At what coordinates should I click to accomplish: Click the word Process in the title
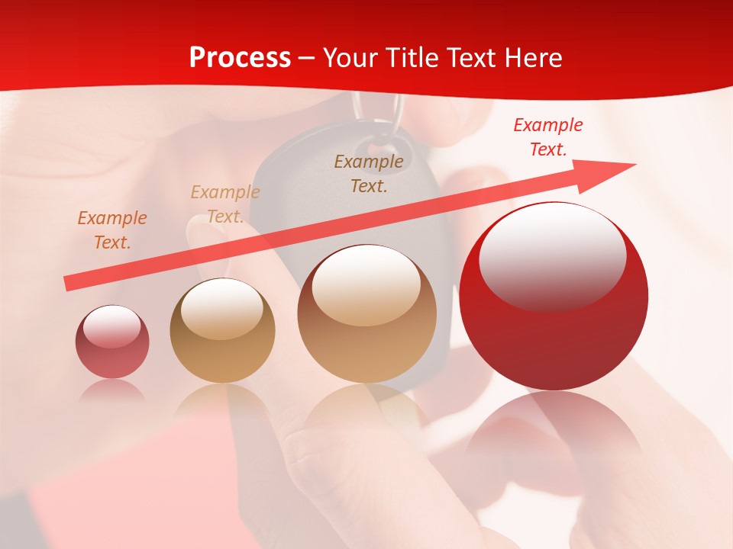pyautogui.click(x=240, y=58)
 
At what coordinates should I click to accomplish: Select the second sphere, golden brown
pyautogui.click(x=222, y=331)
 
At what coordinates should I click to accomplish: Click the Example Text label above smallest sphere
pyautogui.click(x=112, y=230)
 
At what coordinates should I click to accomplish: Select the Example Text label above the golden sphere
pyautogui.click(x=225, y=204)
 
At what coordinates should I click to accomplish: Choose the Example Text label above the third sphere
pyautogui.click(x=369, y=173)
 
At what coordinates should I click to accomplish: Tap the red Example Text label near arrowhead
pyautogui.click(x=548, y=137)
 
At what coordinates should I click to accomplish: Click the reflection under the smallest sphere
pyautogui.click(x=112, y=390)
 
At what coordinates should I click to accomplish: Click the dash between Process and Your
pyautogui.click(x=307, y=59)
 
